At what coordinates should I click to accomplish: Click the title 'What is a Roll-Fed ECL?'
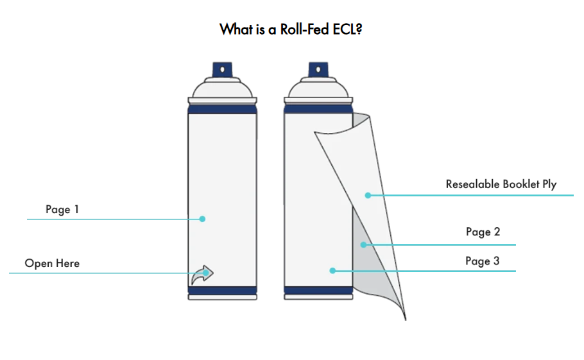click(x=291, y=30)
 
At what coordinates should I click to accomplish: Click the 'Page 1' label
click(x=62, y=209)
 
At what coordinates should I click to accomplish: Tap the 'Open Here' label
click(x=52, y=263)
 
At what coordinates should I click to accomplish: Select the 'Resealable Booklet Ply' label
click(x=501, y=184)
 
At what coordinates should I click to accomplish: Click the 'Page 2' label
click(x=483, y=232)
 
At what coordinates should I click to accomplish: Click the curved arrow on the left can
click(x=203, y=275)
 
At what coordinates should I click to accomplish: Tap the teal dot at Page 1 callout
click(x=202, y=219)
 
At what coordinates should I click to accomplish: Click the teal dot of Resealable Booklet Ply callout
click(x=368, y=194)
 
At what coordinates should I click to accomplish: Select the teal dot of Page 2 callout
click(x=363, y=244)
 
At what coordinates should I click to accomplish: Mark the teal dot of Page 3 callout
click(x=332, y=271)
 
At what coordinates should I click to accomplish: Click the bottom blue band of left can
click(x=222, y=290)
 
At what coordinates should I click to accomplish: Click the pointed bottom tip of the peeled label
click(x=405, y=318)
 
